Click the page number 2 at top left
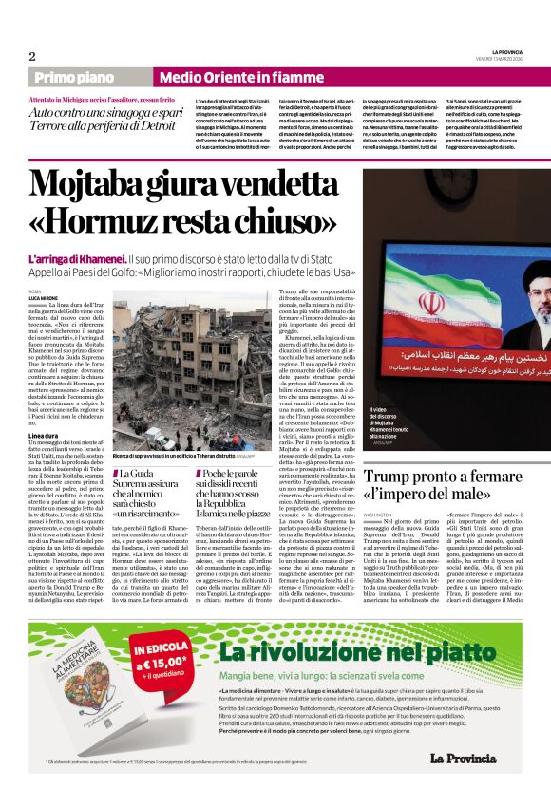32,56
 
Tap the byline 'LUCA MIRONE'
43,297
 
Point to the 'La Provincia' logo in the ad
462,757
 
